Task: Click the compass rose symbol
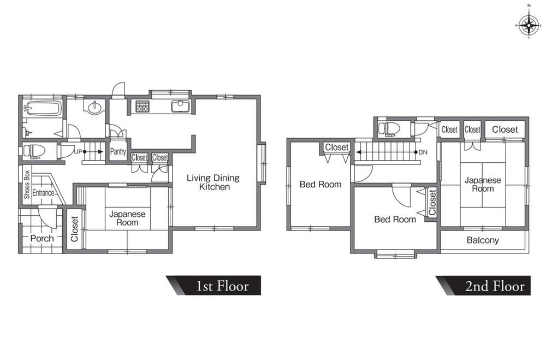pos(529,26)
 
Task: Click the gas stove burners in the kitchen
pos(142,107)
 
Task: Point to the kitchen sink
pos(180,106)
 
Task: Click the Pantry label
pos(118,152)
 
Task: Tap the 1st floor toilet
pos(34,151)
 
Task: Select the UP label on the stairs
pos(78,152)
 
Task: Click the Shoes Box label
pos(27,185)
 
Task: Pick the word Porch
pos(42,238)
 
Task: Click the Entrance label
pos(43,193)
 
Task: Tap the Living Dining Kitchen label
pos(213,182)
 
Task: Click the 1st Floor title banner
pos(213,285)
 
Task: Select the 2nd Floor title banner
pos(483,285)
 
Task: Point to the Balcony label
pos(483,240)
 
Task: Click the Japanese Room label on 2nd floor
pos(483,184)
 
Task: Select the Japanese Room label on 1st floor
pos(127,218)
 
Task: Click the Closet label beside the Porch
pos(74,229)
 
